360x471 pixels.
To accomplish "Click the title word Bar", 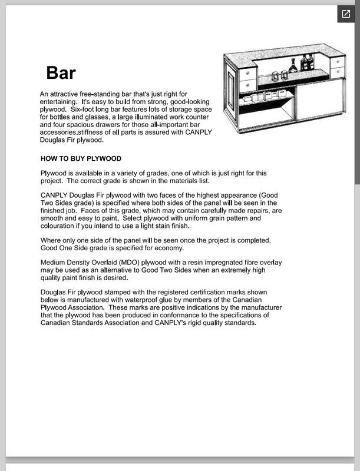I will pos(61,73).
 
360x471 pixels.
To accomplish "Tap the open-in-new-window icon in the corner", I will pos(345,14).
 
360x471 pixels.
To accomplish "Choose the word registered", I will pos(180,293).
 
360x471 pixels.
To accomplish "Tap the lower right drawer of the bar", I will pos(338,72).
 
